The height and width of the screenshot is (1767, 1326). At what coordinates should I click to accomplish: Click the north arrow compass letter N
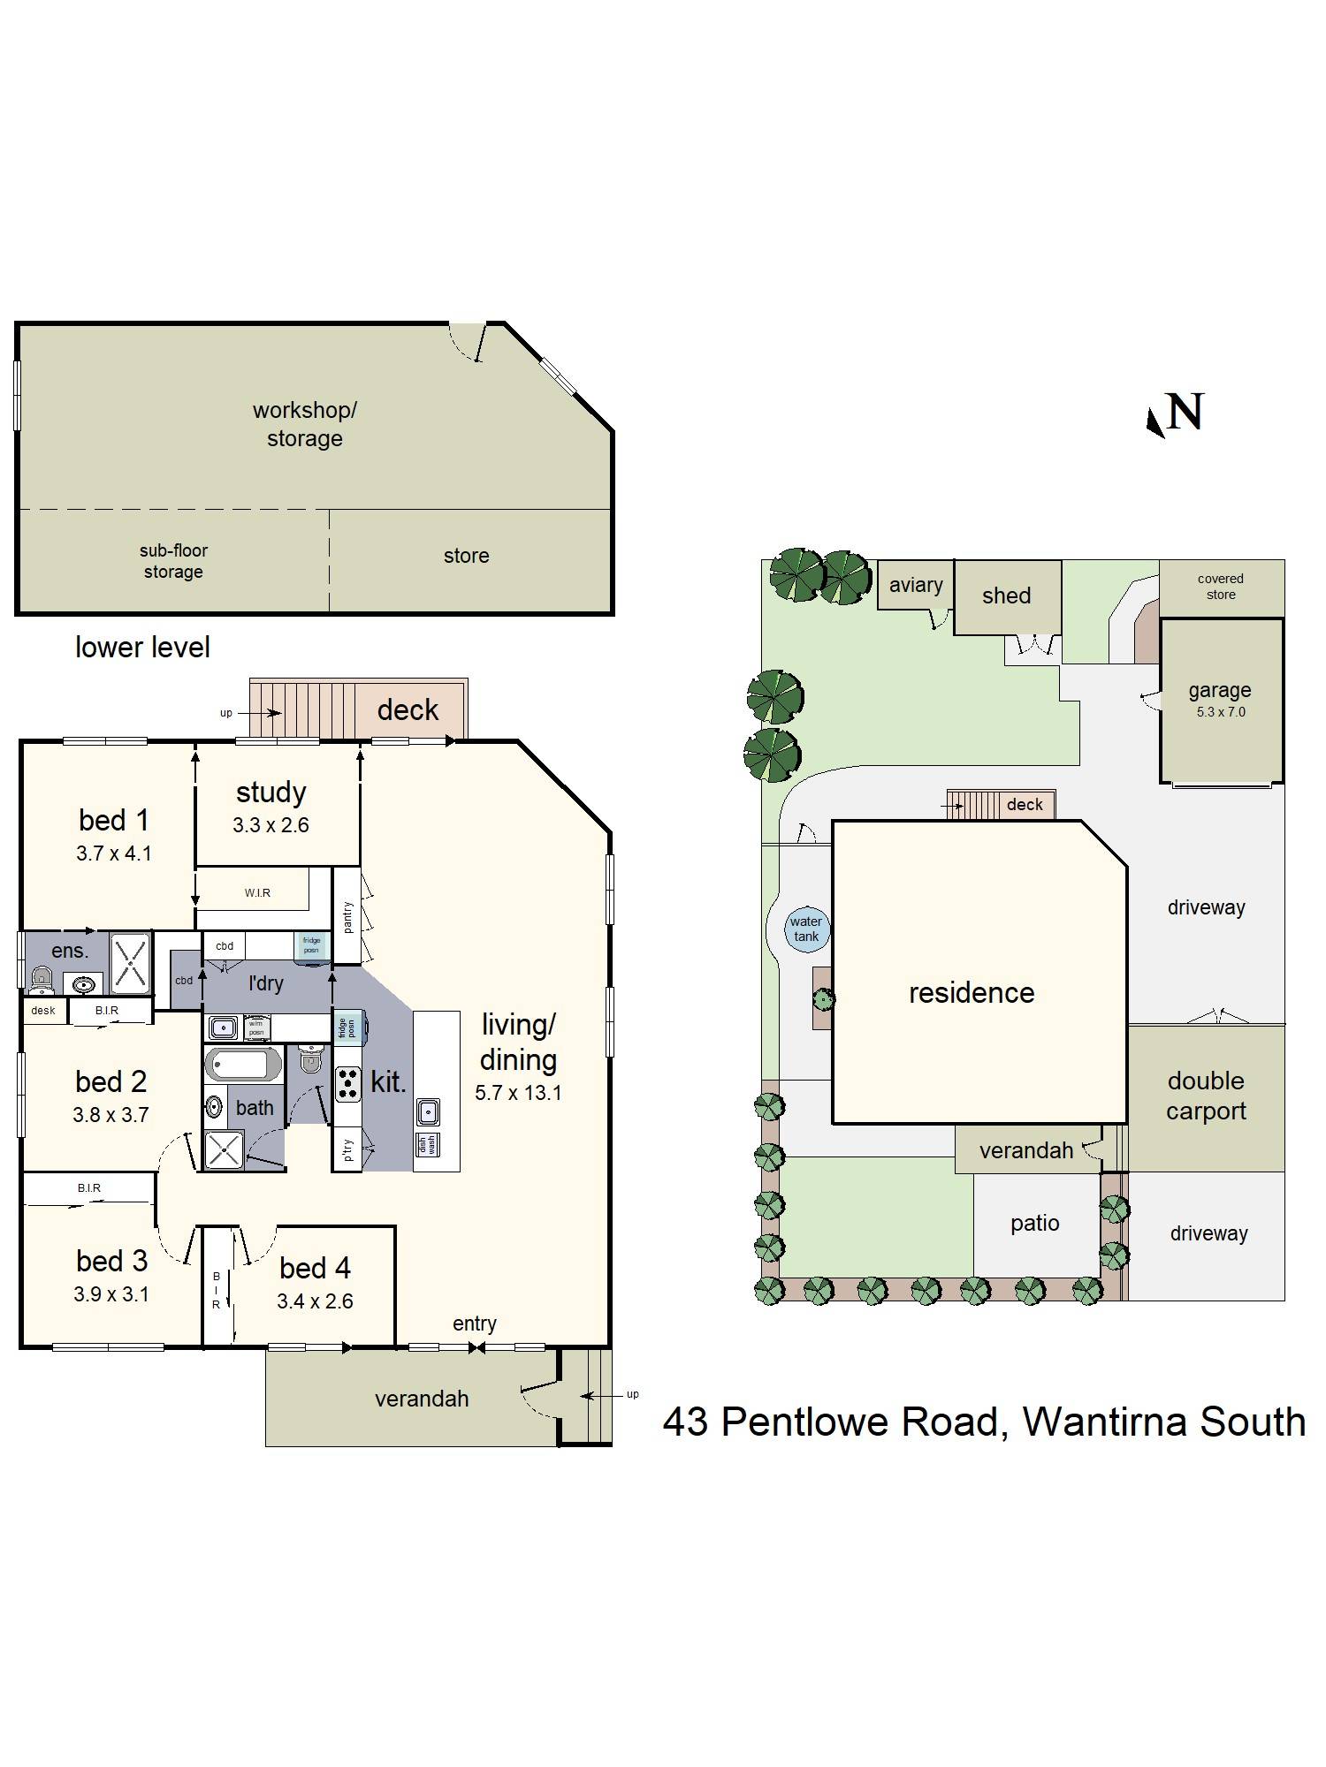[x=1185, y=412]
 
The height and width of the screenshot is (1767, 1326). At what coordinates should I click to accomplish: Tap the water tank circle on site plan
[x=806, y=929]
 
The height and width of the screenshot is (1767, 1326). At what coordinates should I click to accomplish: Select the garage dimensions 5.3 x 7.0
[x=1221, y=712]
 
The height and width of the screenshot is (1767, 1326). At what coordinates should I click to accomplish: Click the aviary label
[x=916, y=585]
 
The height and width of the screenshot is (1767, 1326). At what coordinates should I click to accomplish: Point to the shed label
[x=1006, y=595]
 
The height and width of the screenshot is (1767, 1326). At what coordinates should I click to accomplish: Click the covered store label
[x=1221, y=587]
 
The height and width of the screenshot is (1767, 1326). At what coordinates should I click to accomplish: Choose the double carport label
[x=1206, y=1096]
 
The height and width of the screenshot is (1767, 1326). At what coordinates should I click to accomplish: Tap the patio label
[x=1034, y=1224]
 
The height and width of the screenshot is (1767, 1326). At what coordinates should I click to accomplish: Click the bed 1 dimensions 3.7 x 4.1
[x=114, y=853]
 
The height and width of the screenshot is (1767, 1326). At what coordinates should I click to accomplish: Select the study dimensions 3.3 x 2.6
[x=271, y=825]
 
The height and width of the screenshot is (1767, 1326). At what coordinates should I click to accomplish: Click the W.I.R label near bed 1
[x=257, y=893]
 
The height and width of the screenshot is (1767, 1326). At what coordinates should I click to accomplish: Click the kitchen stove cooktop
[x=348, y=1085]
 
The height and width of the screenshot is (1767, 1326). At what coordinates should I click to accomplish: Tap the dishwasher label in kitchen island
[x=427, y=1145]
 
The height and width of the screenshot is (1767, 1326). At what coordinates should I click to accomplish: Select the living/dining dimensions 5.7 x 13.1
[x=518, y=1093]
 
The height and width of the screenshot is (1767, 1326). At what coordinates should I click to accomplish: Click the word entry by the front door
[x=475, y=1323]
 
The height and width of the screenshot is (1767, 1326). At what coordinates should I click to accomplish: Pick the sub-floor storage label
[x=173, y=561]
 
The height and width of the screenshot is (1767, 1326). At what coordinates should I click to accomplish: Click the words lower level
[x=142, y=648]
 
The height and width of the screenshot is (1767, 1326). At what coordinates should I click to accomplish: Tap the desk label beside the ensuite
[x=43, y=1011]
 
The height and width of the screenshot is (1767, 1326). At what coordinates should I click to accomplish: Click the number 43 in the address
[x=685, y=1422]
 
